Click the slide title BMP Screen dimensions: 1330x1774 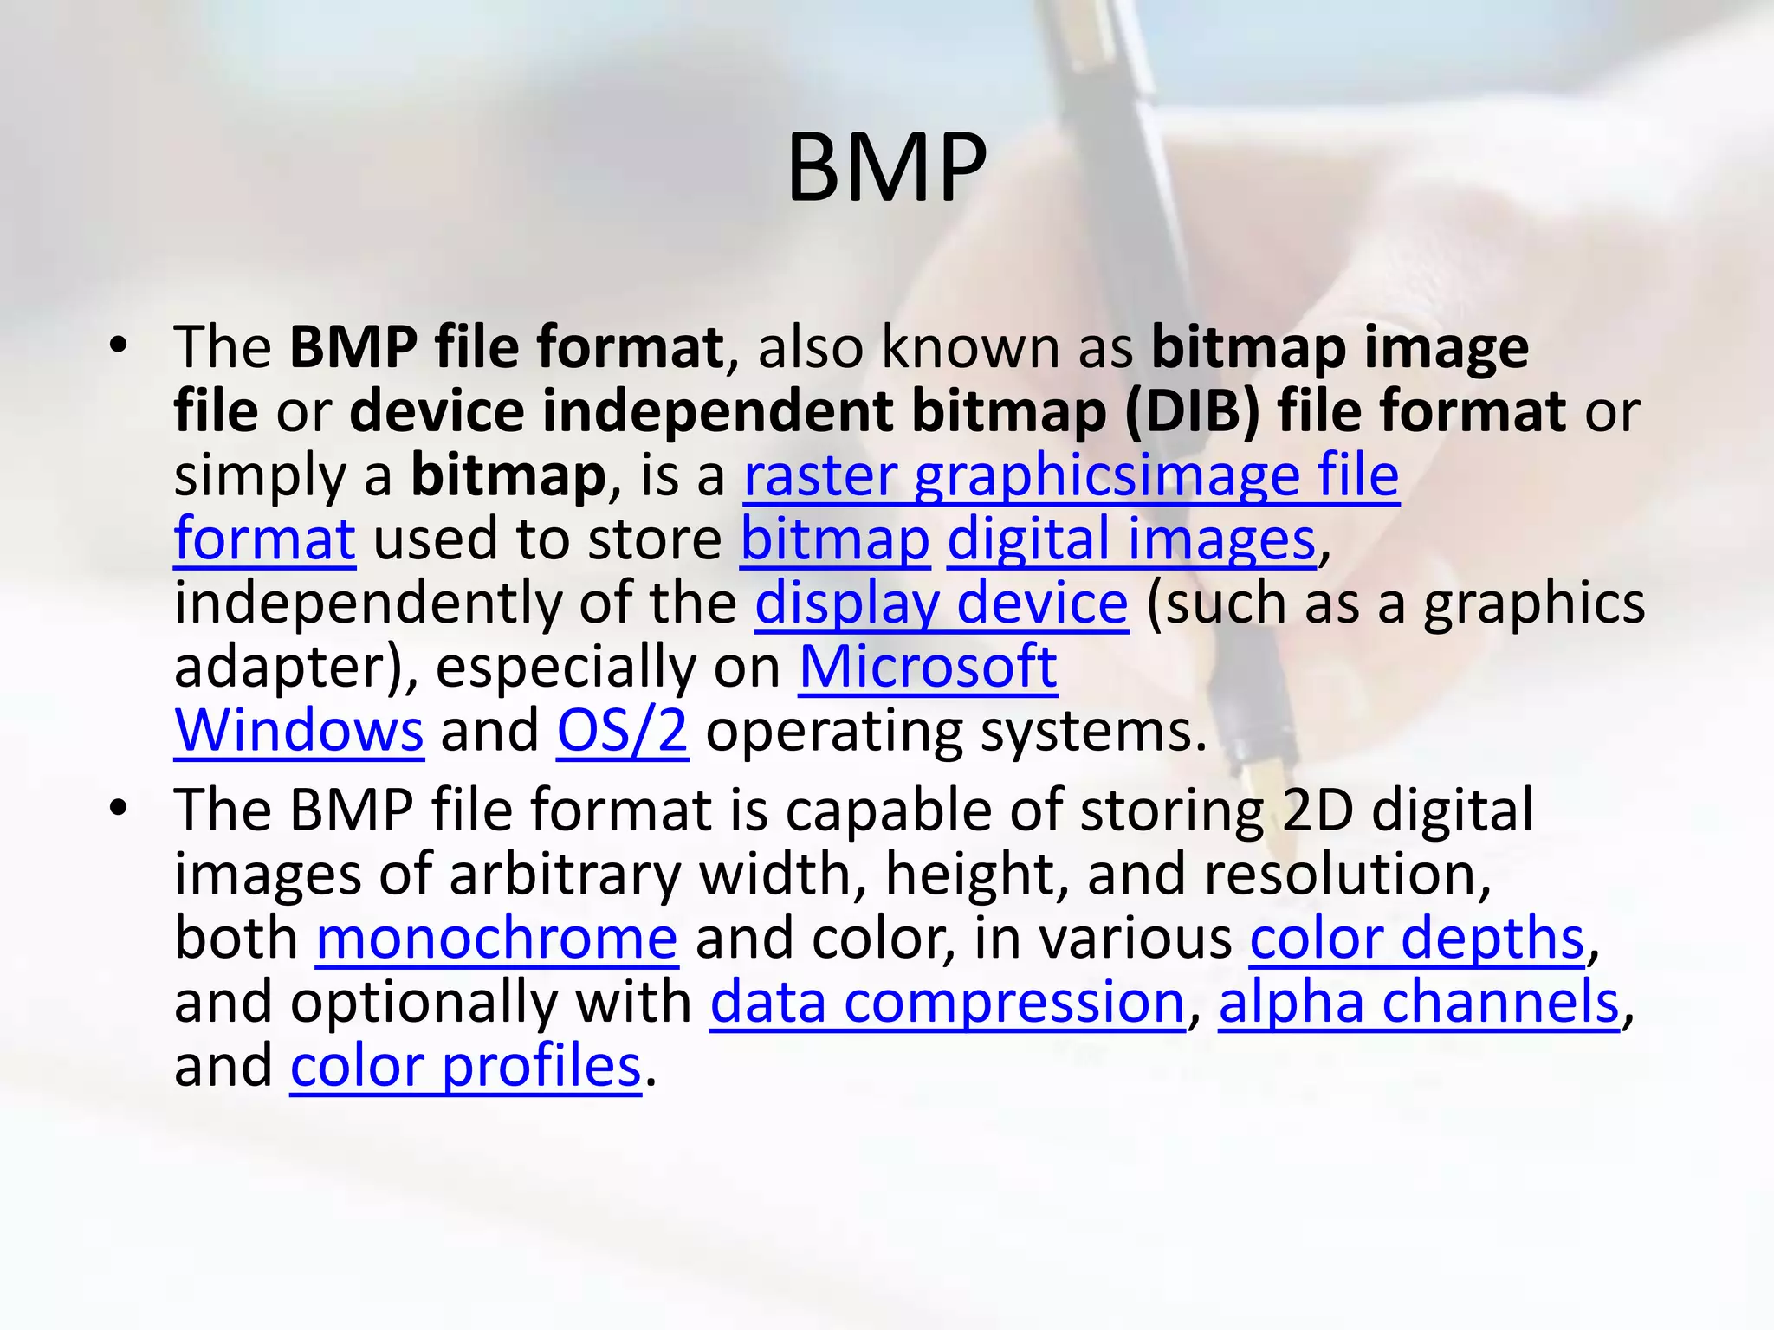tap(886, 168)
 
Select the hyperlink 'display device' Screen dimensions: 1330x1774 tap(941, 603)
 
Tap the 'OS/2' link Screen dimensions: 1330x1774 tap(622, 732)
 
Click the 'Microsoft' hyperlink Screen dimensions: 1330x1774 tap(927, 667)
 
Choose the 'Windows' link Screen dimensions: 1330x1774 tap(299, 732)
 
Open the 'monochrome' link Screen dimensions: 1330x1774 tap(496, 938)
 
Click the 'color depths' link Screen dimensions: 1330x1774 tap(1417, 938)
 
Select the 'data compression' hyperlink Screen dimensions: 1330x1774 tap(947, 1002)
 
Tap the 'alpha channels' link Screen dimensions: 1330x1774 tap(1419, 1002)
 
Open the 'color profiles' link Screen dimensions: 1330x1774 tap(465, 1066)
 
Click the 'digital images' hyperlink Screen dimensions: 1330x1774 tap(1131, 539)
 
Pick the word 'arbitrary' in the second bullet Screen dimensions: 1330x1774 tap(566, 875)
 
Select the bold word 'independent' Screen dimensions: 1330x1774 tap(717, 410)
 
